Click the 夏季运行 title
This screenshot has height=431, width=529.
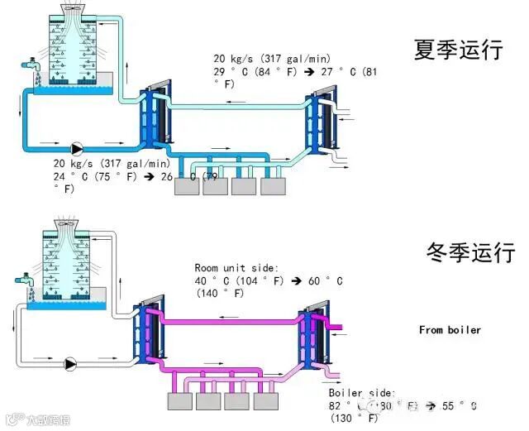click(x=458, y=50)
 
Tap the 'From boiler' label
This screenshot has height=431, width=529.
click(x=450, y=330)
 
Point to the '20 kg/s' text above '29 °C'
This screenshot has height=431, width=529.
click(x=231, y=59)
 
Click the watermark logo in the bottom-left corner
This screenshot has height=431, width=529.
click(x=36, y=419)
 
